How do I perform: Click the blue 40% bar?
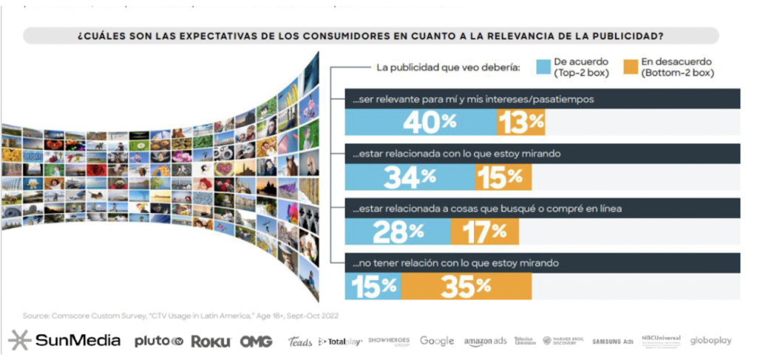(x=421, y=123)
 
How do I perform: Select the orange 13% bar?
(x=522, y=123)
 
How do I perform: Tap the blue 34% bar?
(x=410, y=176)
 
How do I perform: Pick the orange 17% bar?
(x=484, y=231)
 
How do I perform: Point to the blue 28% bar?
(x=398, y=231)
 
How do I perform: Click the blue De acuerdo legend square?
(x=543, y=69)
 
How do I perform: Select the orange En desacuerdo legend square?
(x=630, y=69)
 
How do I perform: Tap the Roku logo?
(x=211, y=342)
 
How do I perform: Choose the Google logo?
(x=437, y=341)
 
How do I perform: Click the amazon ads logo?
(x=486, y=341)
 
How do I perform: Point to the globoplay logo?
(x=711, y=341)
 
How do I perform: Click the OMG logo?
(x=256, y=342)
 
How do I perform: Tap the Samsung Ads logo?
(x=613, y=341)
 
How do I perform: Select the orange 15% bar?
(x=503, y=176)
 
